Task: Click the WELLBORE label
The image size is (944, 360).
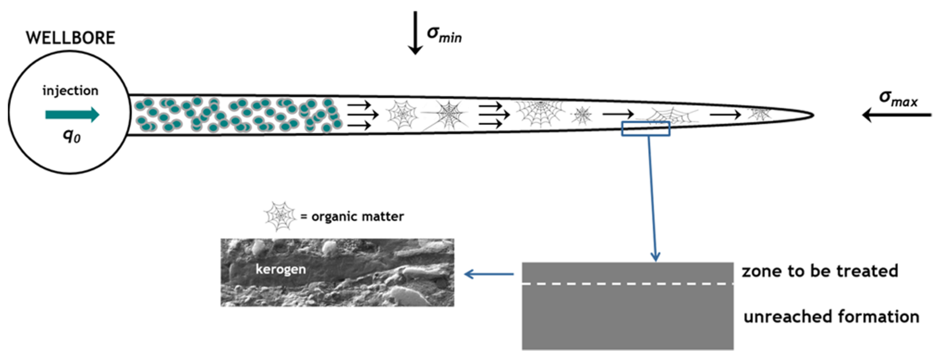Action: click(70, 38)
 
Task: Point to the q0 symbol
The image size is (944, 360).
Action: click(72, 136)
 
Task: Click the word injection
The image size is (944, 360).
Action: click(70, 91)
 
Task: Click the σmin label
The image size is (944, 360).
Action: click(444, 35)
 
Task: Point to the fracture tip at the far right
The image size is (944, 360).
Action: click(812, 115)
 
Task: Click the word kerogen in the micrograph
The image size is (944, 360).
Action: click(281, 269)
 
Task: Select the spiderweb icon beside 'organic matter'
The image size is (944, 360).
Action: click(280, 216)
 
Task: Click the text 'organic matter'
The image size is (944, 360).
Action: click(357, 217)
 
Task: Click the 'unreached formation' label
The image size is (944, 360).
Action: click(831, 316)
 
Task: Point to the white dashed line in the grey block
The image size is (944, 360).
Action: click(627, 284)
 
